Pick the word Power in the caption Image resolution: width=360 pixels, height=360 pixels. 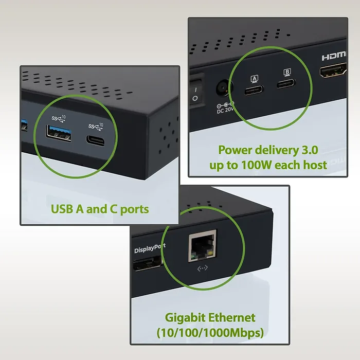(234, 150)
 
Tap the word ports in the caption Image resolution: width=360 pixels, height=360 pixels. (134, 209)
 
